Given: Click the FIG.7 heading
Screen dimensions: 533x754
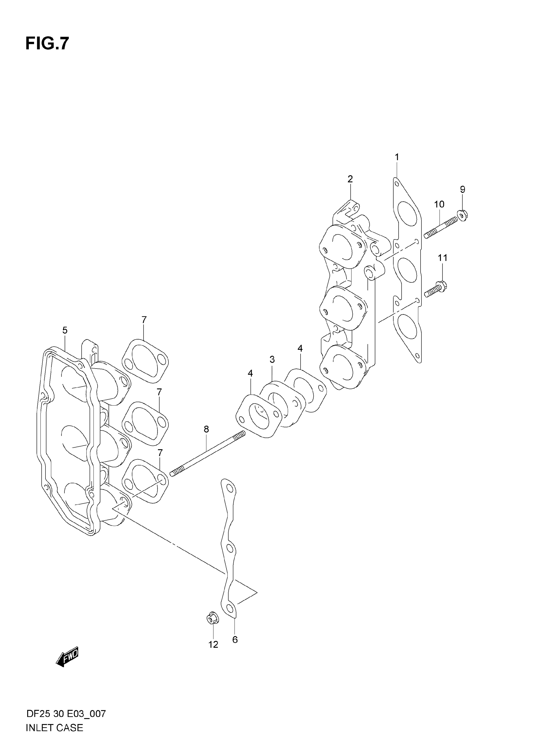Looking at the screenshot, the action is [x=47, y=43].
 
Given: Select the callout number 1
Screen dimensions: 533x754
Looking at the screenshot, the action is [x=397, y=157].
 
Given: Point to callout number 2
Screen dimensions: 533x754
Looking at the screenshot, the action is [x=350, y=179].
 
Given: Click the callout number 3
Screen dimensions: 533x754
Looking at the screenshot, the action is [x=272, y=360].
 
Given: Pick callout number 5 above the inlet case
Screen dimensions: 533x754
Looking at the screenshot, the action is [x=65, y=330].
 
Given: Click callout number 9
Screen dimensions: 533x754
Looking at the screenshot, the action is [x=462, y=190].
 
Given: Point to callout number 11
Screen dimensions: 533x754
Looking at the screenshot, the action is [x=442, y=258].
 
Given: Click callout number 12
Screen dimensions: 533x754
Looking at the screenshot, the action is [x=213, y=645].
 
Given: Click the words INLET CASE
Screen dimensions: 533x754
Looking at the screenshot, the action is [x=54, y=728].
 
